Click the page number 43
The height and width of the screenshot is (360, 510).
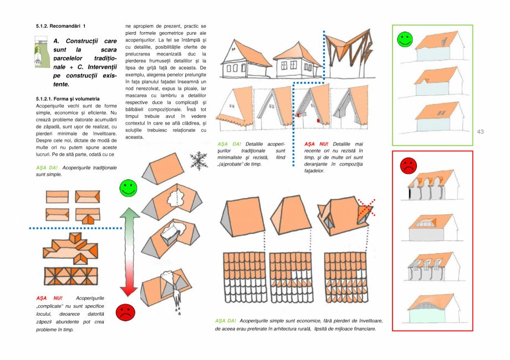[x=480, y=131]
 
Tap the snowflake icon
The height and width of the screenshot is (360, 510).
[x=198, y=161]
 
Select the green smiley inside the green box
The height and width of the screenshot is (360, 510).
[x=405, y=39]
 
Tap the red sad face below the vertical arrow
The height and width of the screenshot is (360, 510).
[x=125, y=312]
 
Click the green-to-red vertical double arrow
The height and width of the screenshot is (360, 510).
[x=128, y=251]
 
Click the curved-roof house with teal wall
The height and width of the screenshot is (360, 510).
[x=432, y=310]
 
